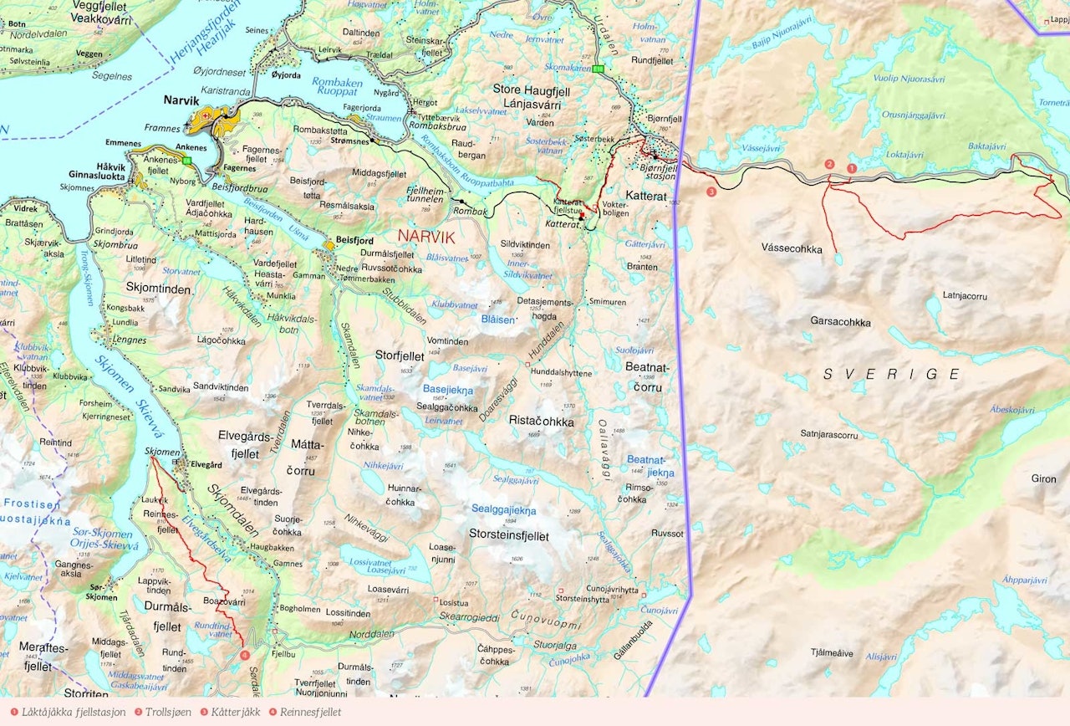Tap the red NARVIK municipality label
click(x=426, y=237)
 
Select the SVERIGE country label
click(x=892, y=374)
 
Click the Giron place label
click(x=1043, y=478)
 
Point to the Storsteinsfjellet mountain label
click(x=509, y=535)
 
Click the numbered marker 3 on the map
click(x=711, y=192)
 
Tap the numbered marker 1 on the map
click(x=852, y=168)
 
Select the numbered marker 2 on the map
click(x=829, y=164)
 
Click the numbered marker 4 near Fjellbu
click(x=245, y=655)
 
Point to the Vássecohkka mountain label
click(x=792, y=248)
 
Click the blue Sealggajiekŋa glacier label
click(x=502, y=509)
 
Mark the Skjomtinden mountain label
click(x=155, y=286)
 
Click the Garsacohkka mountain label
click(x=840, y=321)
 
